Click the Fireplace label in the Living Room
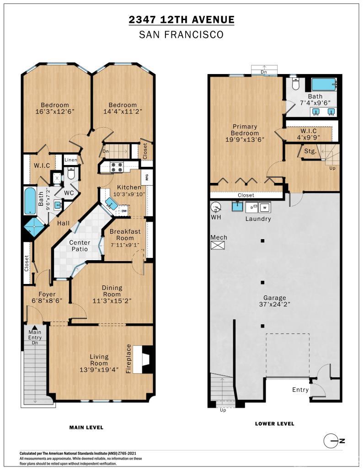point(128,359)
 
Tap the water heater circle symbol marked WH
point(216,207)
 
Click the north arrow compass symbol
point(331,441)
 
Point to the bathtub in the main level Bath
point(30,200)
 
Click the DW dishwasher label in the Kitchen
point(124,211)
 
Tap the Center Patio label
point(80,246)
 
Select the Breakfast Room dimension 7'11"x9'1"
point(125,244)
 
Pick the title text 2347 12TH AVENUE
point(182,20)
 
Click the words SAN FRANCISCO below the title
point(182,35)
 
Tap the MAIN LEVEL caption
point(86,428)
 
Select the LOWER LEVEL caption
point(274,424)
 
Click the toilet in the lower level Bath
point(295,85)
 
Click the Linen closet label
point(71,160)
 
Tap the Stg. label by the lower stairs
point(310,151)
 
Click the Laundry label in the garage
point(258,219)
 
